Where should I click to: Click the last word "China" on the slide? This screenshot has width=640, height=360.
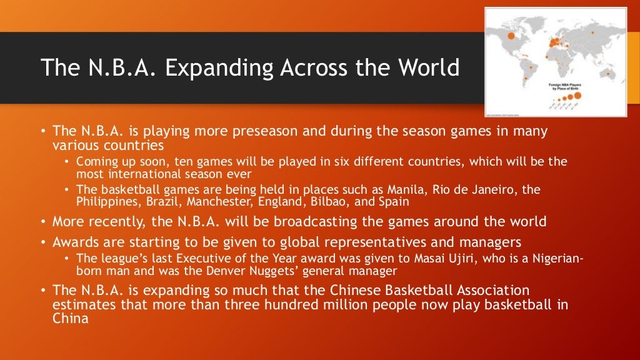pyautogui.click(x=70, y=317)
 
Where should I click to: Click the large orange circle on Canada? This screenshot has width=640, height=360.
pyautogui.click(x=511, y=36)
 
